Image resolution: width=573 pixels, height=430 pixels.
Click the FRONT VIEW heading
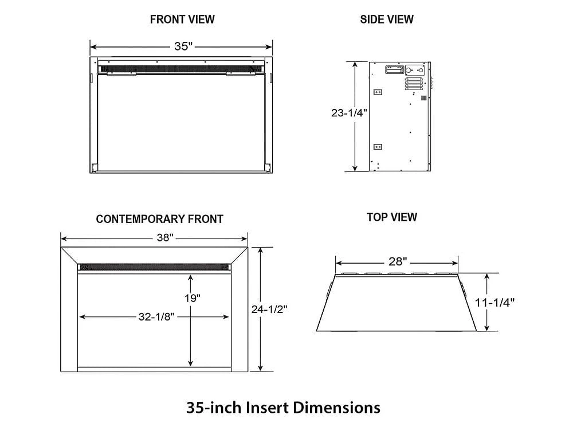pyautogui.click(x=182, y=19)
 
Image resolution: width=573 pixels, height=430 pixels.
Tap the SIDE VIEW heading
pyautogui.click(x=387, y=19)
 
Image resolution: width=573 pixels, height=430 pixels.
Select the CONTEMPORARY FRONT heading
pyautogui.click(x=159, y=219)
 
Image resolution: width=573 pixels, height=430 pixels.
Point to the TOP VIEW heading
pyautogui.click(x=392, y=217)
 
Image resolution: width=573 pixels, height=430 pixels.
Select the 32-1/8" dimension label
pyautogui.click(x=154, y=316)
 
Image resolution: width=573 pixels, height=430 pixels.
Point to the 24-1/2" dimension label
pyautogui.click(x=269, y=309)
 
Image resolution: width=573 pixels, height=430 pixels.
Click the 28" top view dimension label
pyautogui.click(x=397, y=262)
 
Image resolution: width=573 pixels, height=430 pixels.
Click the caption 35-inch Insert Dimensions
pyautogui.click(x=283, y=408)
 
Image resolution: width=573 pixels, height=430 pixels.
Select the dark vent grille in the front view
pyautogui.click(x=182, y=69)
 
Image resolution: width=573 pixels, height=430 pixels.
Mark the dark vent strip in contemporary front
pyautogui.click(x=155, y=267)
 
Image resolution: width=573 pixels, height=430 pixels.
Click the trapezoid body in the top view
pyautogui.click(x=397, y=307)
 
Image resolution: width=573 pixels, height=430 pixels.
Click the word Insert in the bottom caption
pyautogui.click(x=268, y=408)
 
